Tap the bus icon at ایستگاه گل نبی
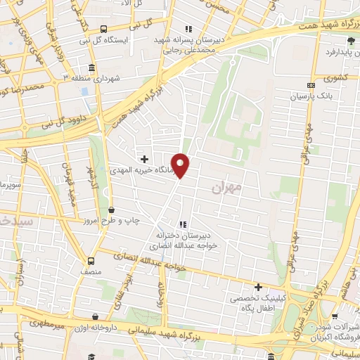[103, 29]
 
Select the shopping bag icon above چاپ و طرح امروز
[111, 210]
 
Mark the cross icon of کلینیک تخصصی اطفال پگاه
[258, 287]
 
